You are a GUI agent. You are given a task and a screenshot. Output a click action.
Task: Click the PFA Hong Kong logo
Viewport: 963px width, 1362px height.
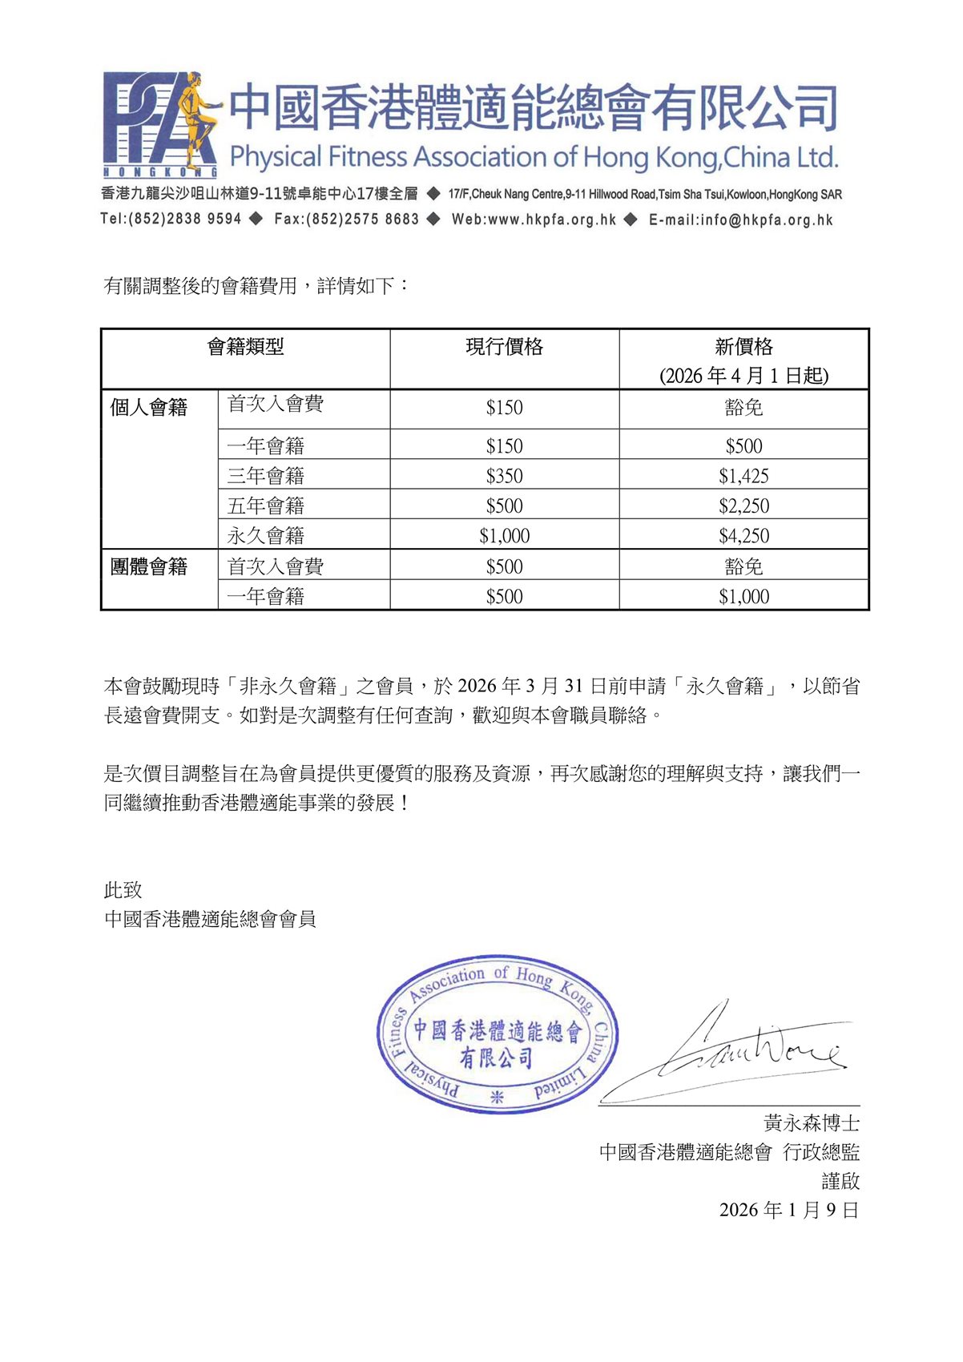point(160,123)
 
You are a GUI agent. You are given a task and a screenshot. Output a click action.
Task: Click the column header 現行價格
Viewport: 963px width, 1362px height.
point(505,347)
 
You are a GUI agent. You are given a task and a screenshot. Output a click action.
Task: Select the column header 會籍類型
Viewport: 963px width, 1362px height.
point(245,347)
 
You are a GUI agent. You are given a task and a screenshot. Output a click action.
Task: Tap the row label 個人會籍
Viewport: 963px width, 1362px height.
point(149,408)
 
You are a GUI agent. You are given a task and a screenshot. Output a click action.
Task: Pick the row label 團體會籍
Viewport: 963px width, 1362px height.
point(149,566)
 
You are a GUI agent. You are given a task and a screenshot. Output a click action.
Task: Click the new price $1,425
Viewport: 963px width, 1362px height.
point(743,476)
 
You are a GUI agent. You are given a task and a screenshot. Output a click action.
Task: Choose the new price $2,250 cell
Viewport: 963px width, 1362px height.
point(743,506)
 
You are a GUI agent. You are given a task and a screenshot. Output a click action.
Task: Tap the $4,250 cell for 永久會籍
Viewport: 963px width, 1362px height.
point(743,535)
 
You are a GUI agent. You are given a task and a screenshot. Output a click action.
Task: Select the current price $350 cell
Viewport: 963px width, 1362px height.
point(505,476)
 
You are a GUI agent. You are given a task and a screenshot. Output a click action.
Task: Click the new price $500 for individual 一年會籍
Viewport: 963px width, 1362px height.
point(743,445)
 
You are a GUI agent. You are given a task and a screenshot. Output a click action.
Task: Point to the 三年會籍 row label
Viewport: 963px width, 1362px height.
point(266,476)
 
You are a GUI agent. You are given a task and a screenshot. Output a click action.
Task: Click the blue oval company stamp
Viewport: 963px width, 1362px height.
point(497,1034)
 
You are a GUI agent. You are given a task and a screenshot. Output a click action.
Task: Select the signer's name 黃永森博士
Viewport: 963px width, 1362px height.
point(811,1123)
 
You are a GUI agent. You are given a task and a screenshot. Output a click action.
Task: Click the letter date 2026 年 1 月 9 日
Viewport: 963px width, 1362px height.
point(788,1210)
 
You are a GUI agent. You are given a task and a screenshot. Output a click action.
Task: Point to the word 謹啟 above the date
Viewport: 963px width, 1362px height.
point(840,1181)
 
